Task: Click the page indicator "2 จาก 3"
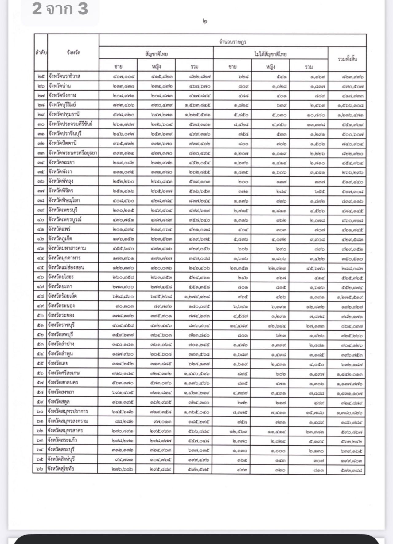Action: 60,9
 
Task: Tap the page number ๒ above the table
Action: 205,22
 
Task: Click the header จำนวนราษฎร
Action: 233,41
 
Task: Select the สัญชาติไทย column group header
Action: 156,54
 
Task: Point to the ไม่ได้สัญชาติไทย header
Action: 270,54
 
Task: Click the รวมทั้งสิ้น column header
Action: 347,59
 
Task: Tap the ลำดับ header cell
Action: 41,53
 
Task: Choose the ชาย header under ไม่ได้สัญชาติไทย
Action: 232,67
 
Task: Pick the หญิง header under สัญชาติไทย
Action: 156,67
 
